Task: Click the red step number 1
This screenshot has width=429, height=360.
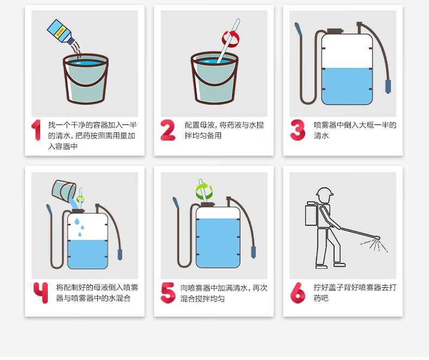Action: (x=36, y=130)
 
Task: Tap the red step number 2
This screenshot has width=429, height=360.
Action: (x=168, y=130)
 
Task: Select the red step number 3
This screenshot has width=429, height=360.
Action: (x=298, y=130)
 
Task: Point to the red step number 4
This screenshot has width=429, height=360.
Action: (x=41, y=293)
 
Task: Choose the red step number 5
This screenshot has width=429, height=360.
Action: (x=168, y=293)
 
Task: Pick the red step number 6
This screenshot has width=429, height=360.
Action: (x=298, y=293)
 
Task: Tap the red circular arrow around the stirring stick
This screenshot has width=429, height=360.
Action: (x=231, y=39)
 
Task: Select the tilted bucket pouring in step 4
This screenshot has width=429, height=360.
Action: (x=64, y=191)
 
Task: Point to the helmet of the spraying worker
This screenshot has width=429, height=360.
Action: (x=325, y=192)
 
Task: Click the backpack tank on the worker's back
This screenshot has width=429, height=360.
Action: (x=311, y=214)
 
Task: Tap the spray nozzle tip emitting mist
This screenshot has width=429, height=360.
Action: (x=377, y=237)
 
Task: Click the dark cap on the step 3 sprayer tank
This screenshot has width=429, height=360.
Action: (x=335, y=30)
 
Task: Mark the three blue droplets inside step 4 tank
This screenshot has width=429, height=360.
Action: (x=80, y=227)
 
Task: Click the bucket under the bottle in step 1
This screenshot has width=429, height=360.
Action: (x=86, y=79)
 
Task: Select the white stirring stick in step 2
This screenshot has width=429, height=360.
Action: (x=229, y=41)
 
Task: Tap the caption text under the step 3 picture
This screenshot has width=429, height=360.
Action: (x=355, y=130)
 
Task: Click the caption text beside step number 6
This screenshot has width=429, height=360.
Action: (x=355, y=293)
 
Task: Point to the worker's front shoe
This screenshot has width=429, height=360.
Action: (x=339, y=264)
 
